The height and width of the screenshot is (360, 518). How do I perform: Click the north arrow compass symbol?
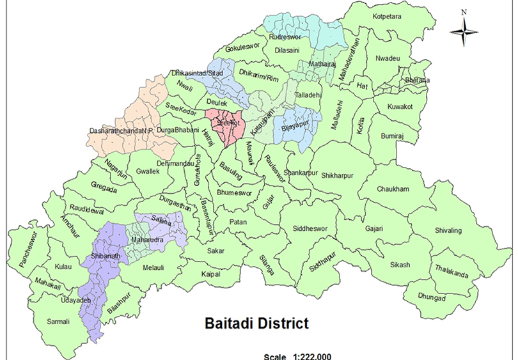466,30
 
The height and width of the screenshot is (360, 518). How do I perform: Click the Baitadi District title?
256,323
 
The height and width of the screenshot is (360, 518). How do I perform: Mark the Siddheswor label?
310,228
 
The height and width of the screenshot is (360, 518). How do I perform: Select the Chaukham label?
393,189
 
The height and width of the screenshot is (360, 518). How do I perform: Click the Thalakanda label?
451,271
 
